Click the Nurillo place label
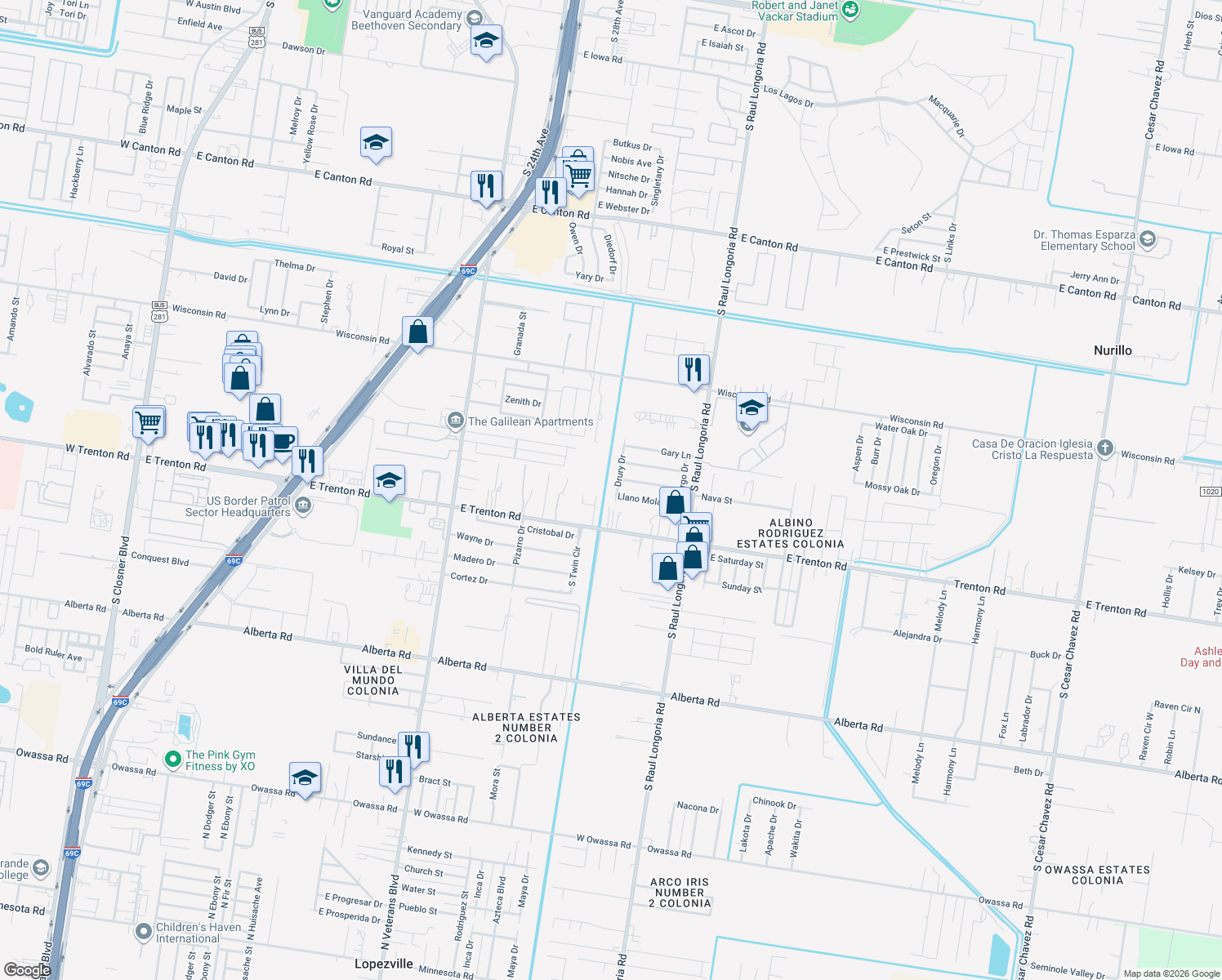[1113, 350]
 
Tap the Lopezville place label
[384, 964]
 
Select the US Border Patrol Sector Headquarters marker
[303, 506]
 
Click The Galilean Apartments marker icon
[455, 421]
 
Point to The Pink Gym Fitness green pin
[172, 759]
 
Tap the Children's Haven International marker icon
[144, 931]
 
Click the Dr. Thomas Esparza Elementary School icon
[1148, 239]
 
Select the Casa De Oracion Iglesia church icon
[1104, 448]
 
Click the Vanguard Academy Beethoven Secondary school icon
[474, 18]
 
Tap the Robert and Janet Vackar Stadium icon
[850, 10]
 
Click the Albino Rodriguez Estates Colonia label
[790, 533]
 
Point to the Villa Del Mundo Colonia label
[373, 680]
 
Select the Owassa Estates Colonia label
[1097, 875]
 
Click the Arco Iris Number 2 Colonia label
[680, 893]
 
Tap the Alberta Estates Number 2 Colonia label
[527, 728]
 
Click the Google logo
[27, 969]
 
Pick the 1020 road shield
[1210, 492]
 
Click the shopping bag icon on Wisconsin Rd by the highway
[417, 332]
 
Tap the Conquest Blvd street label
[160, 559]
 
